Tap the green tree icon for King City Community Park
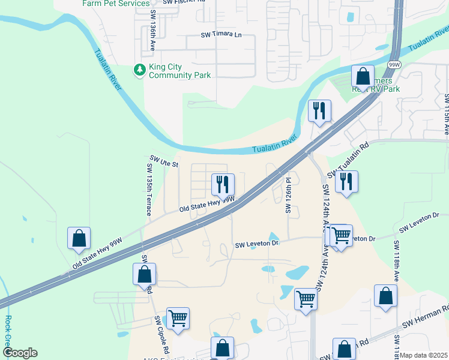140,70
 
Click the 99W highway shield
394,64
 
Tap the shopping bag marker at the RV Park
363,76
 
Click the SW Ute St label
164,163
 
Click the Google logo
20,353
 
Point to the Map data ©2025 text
424,355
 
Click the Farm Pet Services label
116,4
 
